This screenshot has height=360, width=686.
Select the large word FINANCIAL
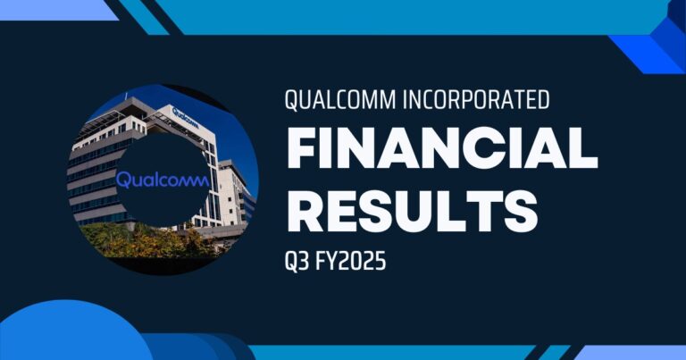point(439,153)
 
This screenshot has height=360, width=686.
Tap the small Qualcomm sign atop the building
point(184,113)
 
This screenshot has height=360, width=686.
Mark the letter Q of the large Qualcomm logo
point(124,180)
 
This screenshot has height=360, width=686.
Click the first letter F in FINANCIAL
point(300,153)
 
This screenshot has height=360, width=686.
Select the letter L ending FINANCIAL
point(583,153)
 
